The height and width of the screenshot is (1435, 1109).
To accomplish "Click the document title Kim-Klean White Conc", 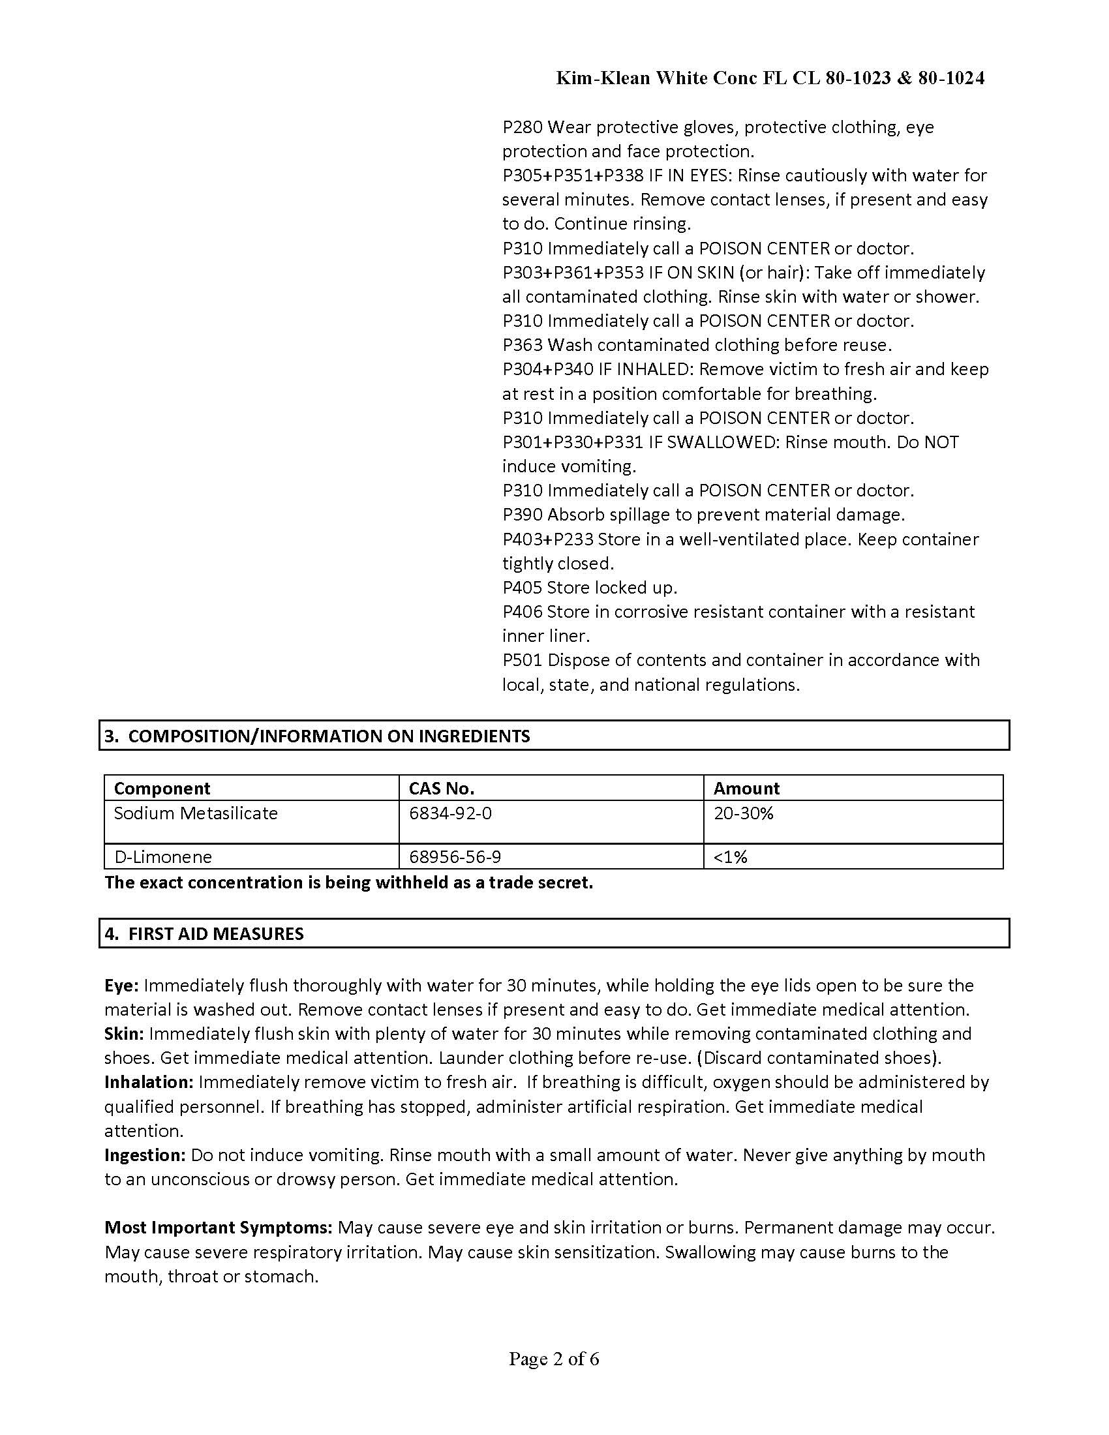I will point(770,78).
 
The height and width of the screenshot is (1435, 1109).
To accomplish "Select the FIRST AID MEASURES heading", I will point(204,933).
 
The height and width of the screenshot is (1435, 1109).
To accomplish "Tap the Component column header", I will point(162,788).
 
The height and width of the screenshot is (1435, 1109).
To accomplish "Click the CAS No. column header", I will point(442,788).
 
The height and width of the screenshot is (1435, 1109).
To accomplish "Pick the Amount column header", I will point(746,788).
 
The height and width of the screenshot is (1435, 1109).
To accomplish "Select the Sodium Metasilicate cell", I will point(196,813).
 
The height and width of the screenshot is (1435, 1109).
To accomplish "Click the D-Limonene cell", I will point(163,857).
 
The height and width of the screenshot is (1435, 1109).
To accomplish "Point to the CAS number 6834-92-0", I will point(450,813).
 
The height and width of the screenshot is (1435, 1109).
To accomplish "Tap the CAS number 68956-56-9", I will point(455,857).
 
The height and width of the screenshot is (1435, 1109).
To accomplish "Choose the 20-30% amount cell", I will point(744,813).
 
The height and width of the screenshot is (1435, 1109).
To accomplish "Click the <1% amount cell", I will point(731,857).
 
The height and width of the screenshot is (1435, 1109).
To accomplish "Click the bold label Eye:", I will point(121,986).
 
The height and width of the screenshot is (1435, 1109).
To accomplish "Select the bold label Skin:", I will point(123,1034).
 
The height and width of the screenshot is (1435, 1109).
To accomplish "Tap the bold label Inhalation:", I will point(149,1082).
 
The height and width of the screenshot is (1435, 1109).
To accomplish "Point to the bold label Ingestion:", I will point(145,1155).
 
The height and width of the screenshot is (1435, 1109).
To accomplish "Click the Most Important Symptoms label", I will point(218,1228).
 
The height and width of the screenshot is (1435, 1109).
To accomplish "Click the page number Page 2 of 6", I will point(554,1359).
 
